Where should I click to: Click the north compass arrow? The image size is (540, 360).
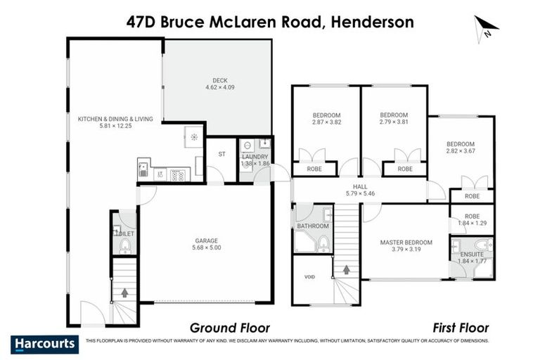click(486, 27)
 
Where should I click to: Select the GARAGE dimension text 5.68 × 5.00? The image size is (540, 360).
click(207, 248)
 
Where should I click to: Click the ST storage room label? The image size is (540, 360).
click(222, 153)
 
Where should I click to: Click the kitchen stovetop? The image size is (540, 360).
click(177, 174)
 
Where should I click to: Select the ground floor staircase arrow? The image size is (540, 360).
click(125, 292)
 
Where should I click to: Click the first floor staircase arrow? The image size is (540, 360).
click(345, 269)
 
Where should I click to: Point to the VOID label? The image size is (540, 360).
click(310, 277)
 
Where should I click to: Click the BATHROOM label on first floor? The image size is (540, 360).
click(313, 226)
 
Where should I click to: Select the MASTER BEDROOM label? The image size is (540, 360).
click(406, 243)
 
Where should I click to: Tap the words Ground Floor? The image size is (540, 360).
click(230, 328)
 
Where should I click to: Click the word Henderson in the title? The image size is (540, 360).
click(373, 22)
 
